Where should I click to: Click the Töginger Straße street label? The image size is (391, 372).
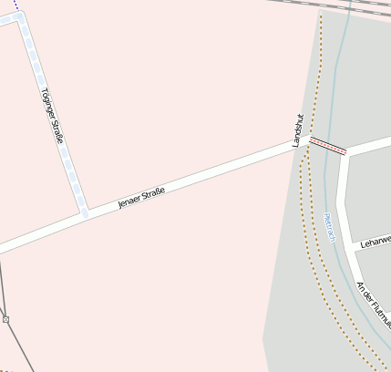pyautogui.click(x=52, y=116)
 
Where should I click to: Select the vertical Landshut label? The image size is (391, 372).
pyautogui.click(x=296, y=131)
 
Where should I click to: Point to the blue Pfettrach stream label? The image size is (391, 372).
pyautogui.click(x=330, y=228)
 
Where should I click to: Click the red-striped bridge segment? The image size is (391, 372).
pyautogui.click(x=327, y=146)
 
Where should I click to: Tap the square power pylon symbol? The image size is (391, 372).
pyautogui.click(x=5, y=319)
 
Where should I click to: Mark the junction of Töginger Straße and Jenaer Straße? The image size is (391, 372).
pyautogui.click(x=84, y=213)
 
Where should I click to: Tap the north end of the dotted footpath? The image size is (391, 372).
pyautogui.click(x=320, y=15)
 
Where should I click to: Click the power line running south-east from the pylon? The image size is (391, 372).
pyautogui.click(x=18, y=347)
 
